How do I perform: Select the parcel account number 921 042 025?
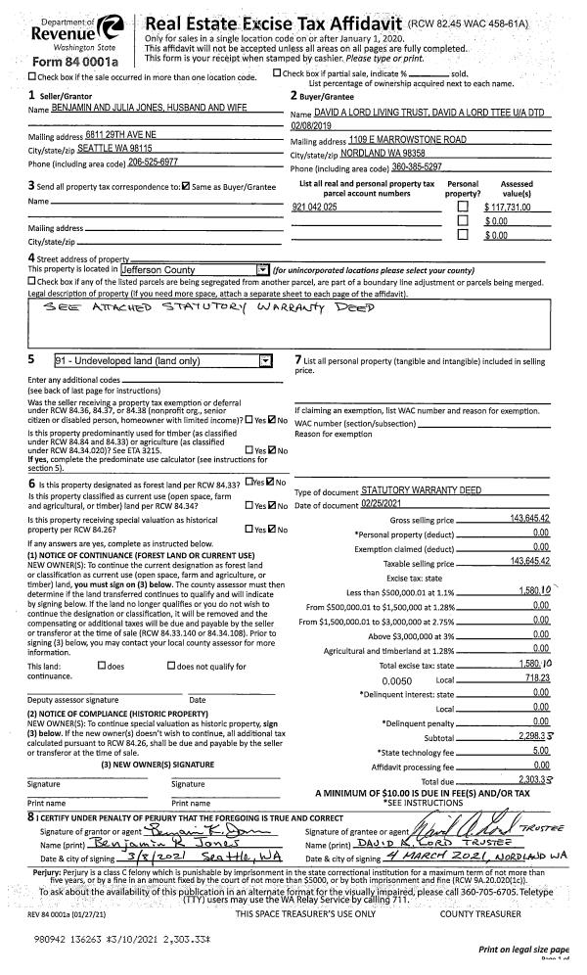[315, 209]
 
